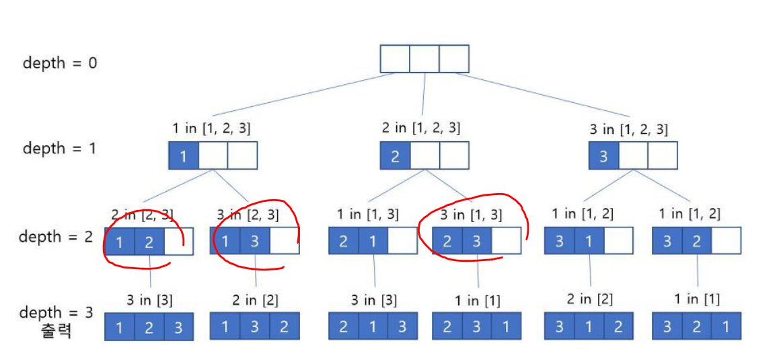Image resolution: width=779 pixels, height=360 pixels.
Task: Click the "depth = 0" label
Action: coord(59,63)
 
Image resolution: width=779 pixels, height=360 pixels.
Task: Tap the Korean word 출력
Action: coord(57,330)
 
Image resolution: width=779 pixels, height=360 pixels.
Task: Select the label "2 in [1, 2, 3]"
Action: coord(422,127)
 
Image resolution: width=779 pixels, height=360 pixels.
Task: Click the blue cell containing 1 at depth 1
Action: coord(183,156)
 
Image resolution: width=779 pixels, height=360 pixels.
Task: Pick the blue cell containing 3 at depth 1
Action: coord(603,156)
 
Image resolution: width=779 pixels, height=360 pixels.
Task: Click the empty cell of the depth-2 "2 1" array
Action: coord(402,241)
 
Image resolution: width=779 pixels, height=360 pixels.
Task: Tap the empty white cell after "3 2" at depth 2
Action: coord(726,241)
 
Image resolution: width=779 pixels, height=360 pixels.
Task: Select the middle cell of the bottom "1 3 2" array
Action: coord(255,326)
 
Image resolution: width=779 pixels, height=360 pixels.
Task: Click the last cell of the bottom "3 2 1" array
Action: coord(726,326)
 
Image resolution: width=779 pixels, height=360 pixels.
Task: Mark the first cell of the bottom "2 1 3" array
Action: coord(344,326)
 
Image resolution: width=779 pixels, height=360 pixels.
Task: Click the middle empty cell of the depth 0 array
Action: coord(424,59)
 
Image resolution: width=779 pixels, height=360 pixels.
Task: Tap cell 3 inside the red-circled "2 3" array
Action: coord(476,241)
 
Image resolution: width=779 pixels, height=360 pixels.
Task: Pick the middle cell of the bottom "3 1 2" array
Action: coord(589,326)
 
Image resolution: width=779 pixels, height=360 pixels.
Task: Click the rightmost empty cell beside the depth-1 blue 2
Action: coord(454,156)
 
